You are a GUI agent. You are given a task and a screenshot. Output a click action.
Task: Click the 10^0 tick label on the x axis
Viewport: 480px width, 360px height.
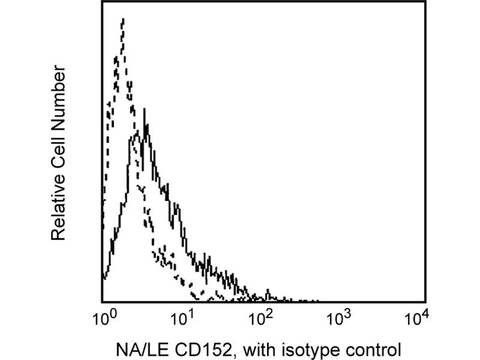[103, 319]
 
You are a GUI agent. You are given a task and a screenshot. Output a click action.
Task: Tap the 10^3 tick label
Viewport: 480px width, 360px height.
[341, 319]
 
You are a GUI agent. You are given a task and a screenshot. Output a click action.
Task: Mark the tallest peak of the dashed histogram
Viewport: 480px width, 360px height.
[122, 20]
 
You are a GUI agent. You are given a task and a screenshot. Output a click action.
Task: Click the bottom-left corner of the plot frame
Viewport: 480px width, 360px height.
[102, 301]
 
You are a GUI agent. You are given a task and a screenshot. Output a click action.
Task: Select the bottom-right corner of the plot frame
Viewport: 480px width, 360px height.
[425, 301]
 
